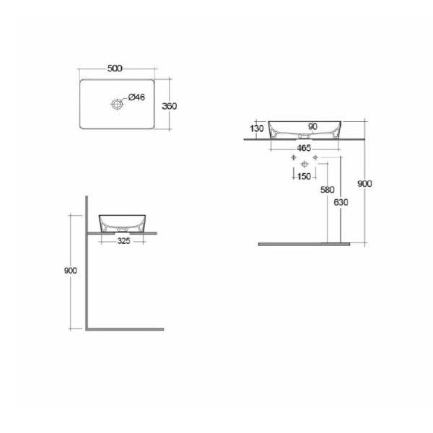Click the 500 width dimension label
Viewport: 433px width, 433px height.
tap(115, 69)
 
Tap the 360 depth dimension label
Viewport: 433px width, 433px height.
tap(169, 106)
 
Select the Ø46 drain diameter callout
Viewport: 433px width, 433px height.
tap(136, 97)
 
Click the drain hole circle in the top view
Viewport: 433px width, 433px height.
tap(117, 104)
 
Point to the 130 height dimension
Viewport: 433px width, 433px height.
tap(256, 128)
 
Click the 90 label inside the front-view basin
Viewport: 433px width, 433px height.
tap(312, 127)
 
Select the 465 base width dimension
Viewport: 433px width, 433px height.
tap(304, 148)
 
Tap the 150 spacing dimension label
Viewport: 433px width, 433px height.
tap(305, 176)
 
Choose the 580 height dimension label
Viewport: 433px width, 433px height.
tap(327, 190)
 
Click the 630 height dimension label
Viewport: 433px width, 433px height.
tap(341, 202)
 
